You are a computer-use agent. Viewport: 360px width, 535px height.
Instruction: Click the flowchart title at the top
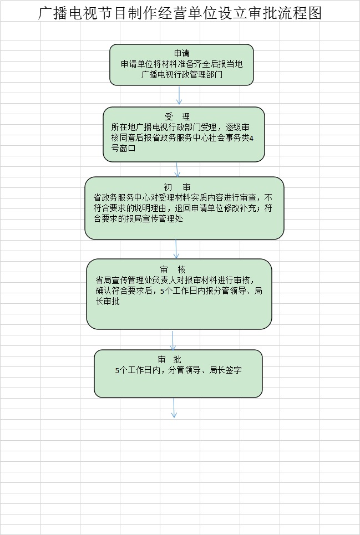tap(180, 13)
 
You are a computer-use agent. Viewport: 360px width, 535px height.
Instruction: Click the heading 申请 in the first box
tap(181, 53)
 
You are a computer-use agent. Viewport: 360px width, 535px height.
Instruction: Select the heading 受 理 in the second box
tap(177, 117)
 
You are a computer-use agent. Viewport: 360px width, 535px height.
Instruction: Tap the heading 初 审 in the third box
tap(177, 187)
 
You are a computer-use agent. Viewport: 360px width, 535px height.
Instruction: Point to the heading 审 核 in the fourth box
tap(173, 270)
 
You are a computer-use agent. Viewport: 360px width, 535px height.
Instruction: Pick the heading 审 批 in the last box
tap(169, 359)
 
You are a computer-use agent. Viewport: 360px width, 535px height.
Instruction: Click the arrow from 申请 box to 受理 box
tap(179, 95)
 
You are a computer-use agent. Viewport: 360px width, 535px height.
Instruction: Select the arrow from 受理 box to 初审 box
tap(177, 169)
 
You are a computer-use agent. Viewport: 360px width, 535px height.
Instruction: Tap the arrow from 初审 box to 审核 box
tap(176, 249)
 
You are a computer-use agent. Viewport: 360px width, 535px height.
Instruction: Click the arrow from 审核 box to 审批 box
tap(173, 340)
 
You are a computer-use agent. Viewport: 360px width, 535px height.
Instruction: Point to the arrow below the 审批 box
tap(174, 407)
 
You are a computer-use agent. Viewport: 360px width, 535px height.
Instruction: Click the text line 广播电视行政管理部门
tap(181, 74)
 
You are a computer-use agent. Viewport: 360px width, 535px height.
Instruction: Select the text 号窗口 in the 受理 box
tap(123, 149)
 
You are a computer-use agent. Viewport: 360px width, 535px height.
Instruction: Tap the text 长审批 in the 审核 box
tap(108, 302)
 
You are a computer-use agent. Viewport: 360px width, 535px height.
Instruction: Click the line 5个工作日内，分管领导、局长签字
tap(179, 370)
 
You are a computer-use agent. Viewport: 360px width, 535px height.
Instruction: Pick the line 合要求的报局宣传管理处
tap(138, 218)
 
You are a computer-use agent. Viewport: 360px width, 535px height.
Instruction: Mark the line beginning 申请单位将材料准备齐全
tap(181, 64)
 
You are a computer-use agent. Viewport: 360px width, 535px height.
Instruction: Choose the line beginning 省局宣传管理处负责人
tap(175, 281)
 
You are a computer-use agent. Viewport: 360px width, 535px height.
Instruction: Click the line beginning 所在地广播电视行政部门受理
tap(180, 128)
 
